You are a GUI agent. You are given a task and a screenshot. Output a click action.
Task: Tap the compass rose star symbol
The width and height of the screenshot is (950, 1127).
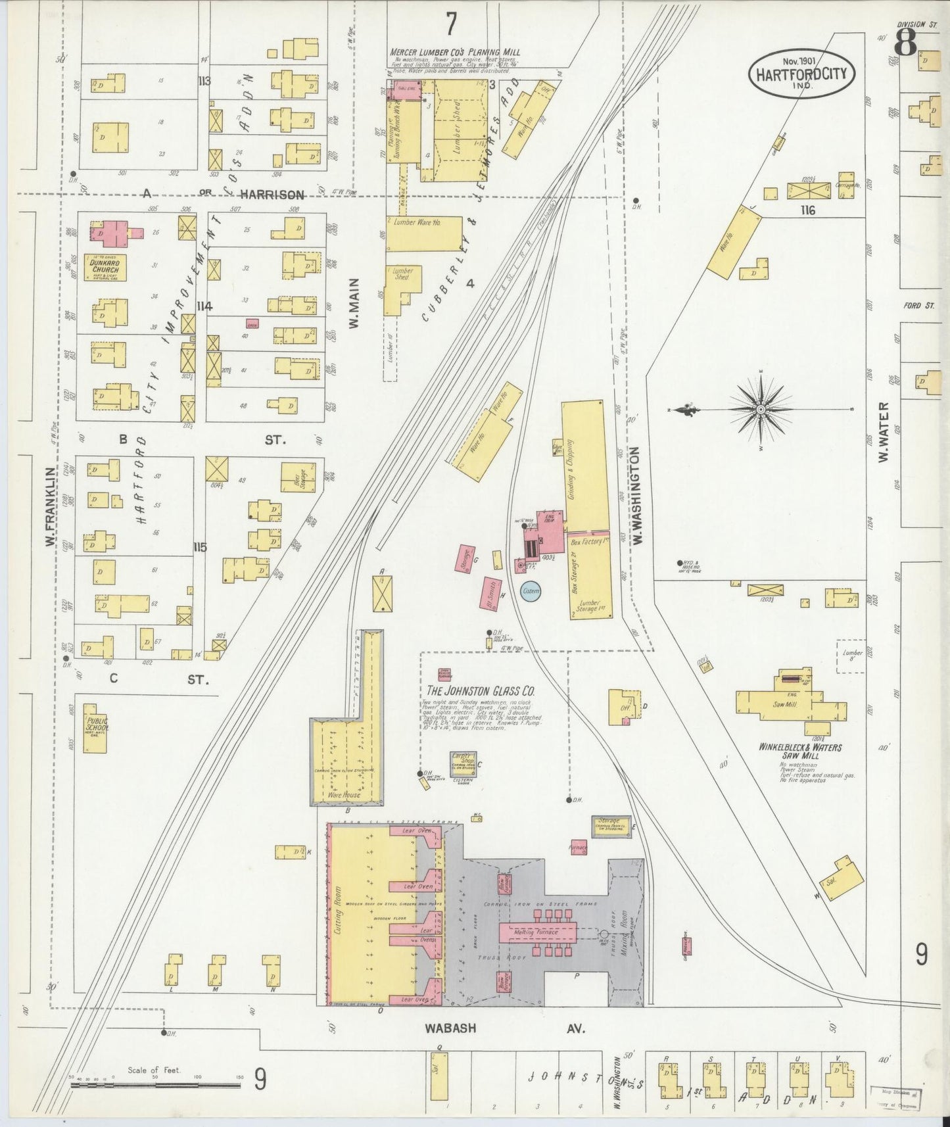coord(761,409)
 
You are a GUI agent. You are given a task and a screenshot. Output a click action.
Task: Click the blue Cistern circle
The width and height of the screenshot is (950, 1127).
coord(531,591)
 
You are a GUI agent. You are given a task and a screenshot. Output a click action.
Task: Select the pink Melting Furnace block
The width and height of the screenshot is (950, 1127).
coord(537,932)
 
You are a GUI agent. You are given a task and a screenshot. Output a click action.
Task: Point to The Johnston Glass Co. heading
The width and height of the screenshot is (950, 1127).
coord(480,691)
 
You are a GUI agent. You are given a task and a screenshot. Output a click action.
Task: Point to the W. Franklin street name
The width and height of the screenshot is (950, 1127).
coord(49,505)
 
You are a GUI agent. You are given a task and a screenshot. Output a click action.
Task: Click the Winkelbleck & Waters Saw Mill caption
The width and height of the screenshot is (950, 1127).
coord(799,752)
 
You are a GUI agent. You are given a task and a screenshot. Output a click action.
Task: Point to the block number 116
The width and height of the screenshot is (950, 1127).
coord(808,210)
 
